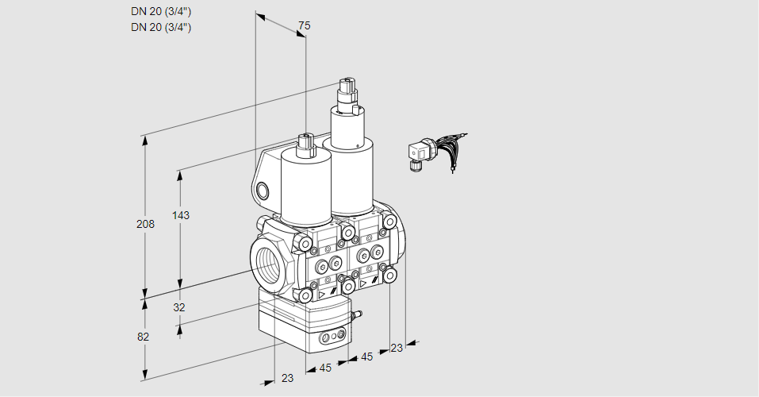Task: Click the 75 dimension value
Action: click(x=304, y=25)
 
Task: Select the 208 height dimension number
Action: click(x=145, y=224)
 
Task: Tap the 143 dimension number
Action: click(x=181, y=215)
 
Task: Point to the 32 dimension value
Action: click(x=179, y=307)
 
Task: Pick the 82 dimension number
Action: click(x=144, y=337)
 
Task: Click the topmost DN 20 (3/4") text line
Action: click(x=161, y=12)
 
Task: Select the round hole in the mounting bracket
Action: click(x=263, y=191)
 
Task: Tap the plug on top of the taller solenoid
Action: click(x=347, y=91)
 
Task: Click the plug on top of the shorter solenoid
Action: click(x=305, y=145)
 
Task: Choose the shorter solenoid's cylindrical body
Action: click(x=306, y=188)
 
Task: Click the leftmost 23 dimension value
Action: click(x=288, y=378)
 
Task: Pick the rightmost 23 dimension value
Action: click(x=397, y=348)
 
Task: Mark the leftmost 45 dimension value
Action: click(x=325, y=368)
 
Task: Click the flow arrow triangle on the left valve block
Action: click(x=321, y=294)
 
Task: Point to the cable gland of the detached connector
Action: click(x=414, y=166)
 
